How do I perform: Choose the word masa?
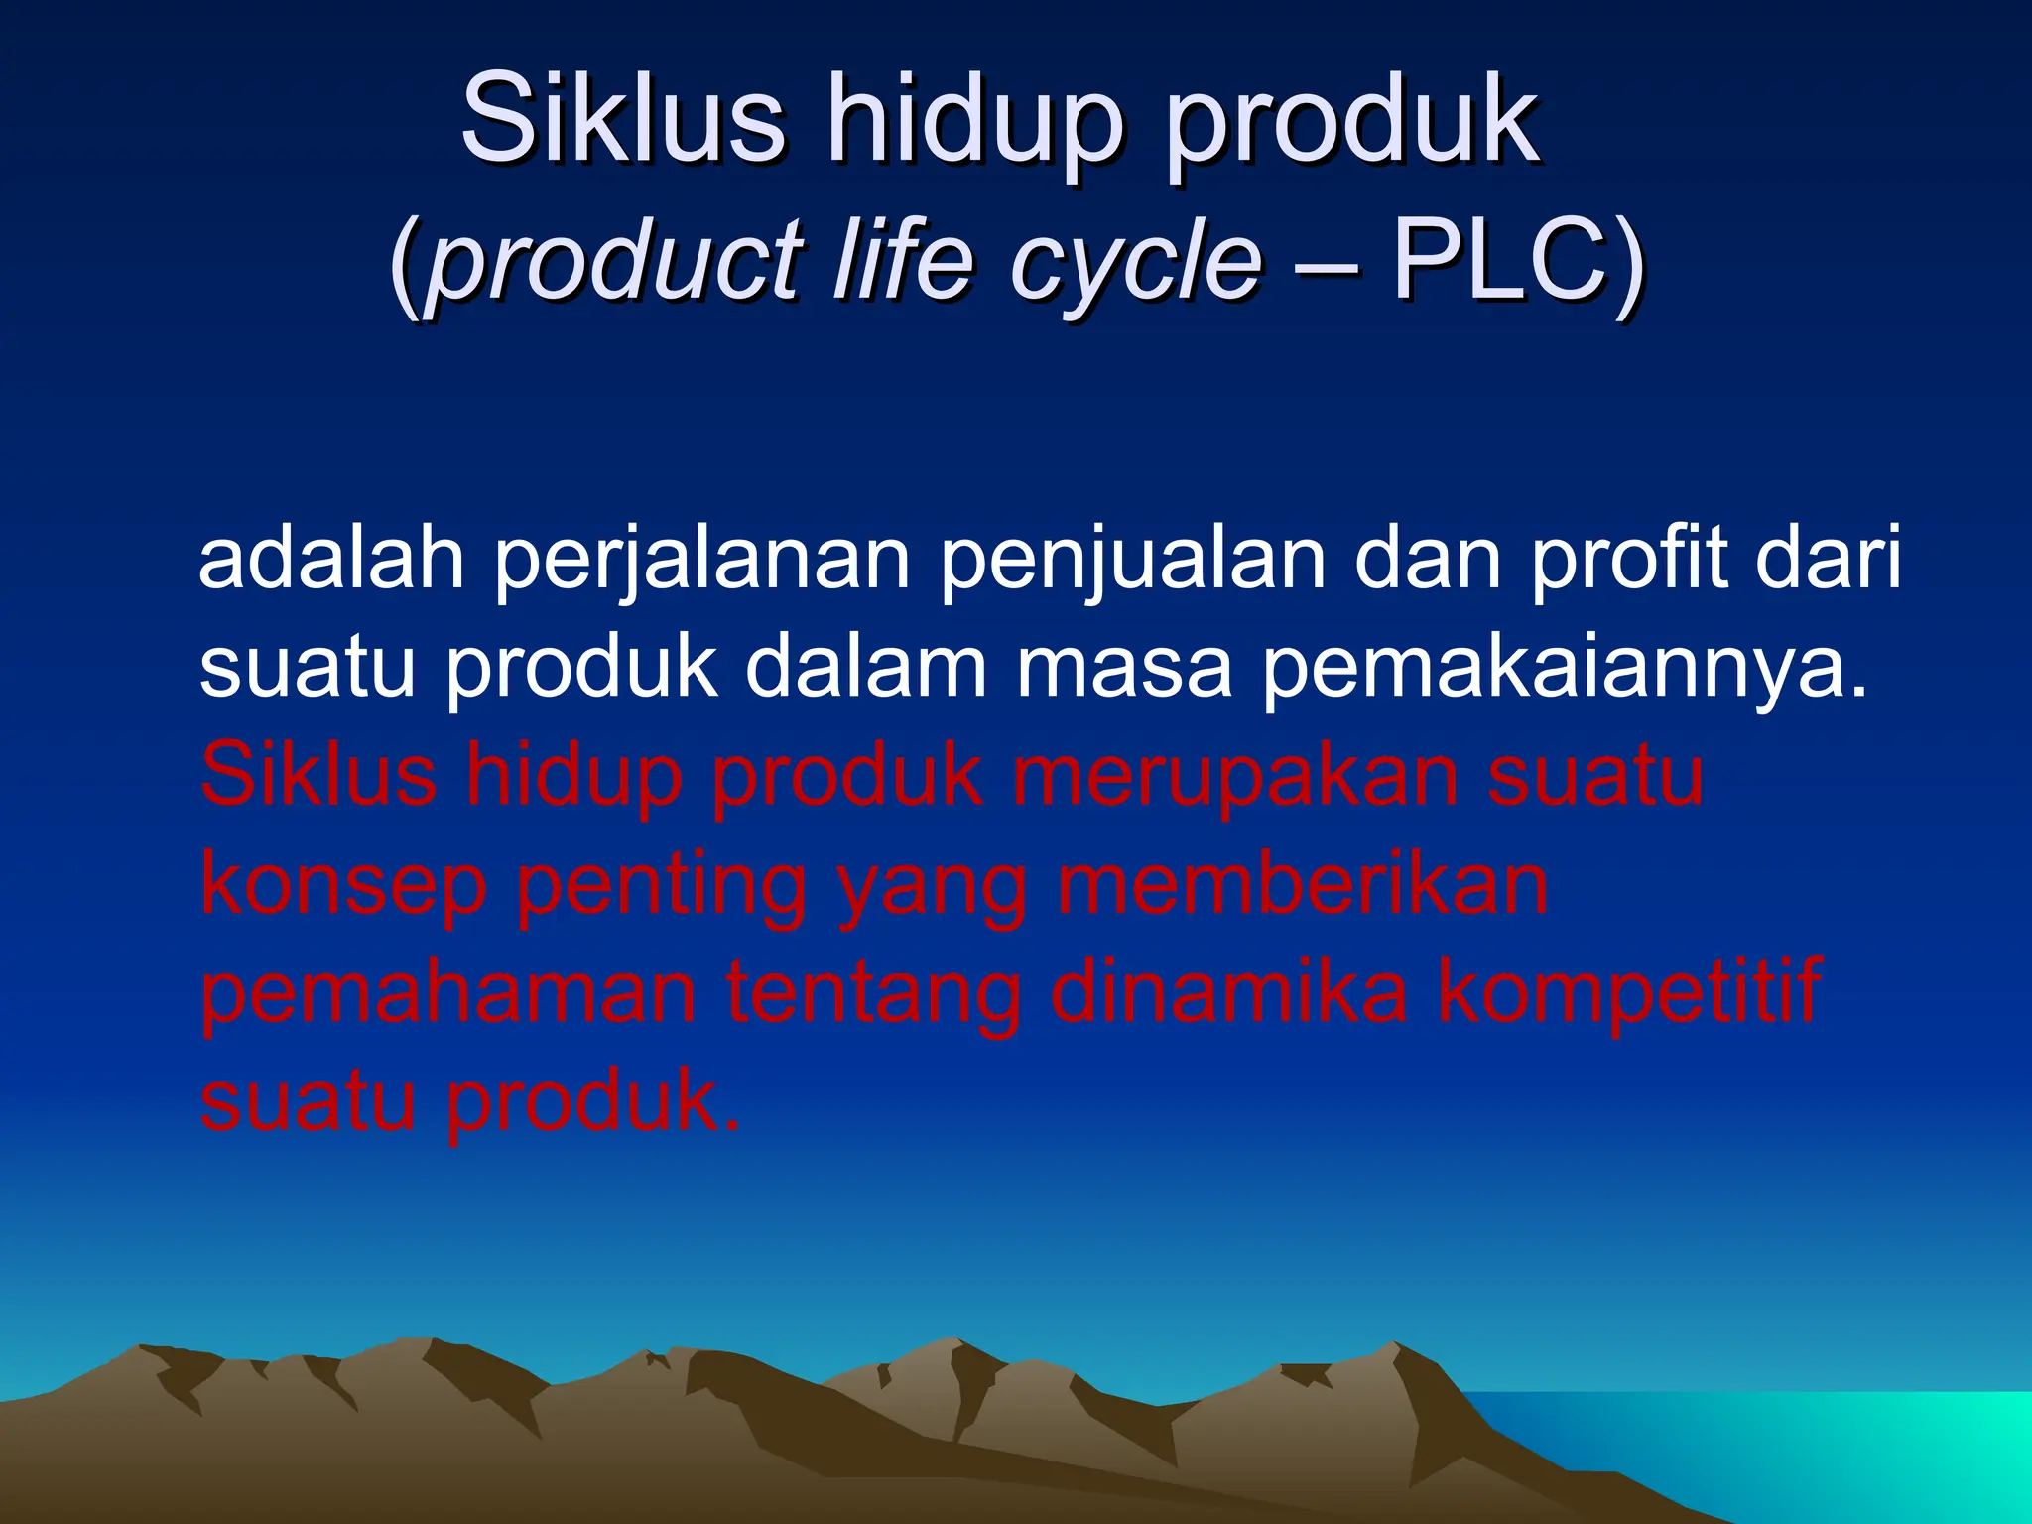(x=1123, y=671)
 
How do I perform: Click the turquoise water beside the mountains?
(x=1885, y=1449)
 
